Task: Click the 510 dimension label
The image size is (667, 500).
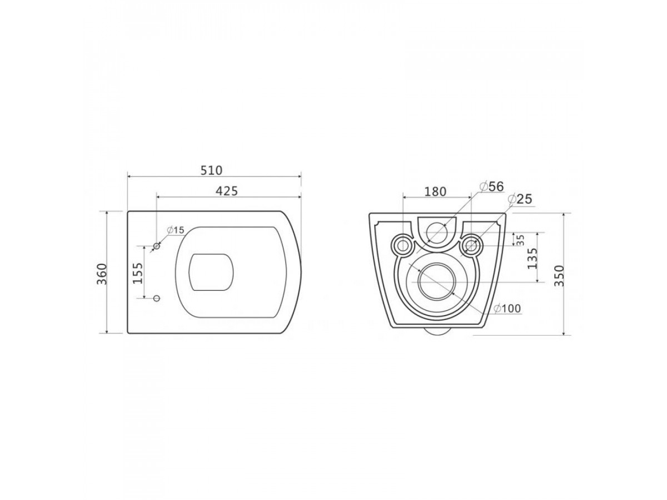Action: click(211, 171)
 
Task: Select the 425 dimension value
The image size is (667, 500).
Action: click(226, 191)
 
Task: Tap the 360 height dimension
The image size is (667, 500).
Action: click(102, 274)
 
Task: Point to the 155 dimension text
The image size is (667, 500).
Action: click(138, 273)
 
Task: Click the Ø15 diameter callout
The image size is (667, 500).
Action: click(175, 230)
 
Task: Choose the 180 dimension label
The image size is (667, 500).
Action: click(435, 192)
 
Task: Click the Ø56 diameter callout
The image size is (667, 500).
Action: click(491, 186)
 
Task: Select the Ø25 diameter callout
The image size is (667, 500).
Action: click(520, 199)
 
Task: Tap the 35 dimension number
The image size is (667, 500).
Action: click(520, 240)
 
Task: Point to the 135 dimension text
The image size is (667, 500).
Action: click(532, 258)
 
